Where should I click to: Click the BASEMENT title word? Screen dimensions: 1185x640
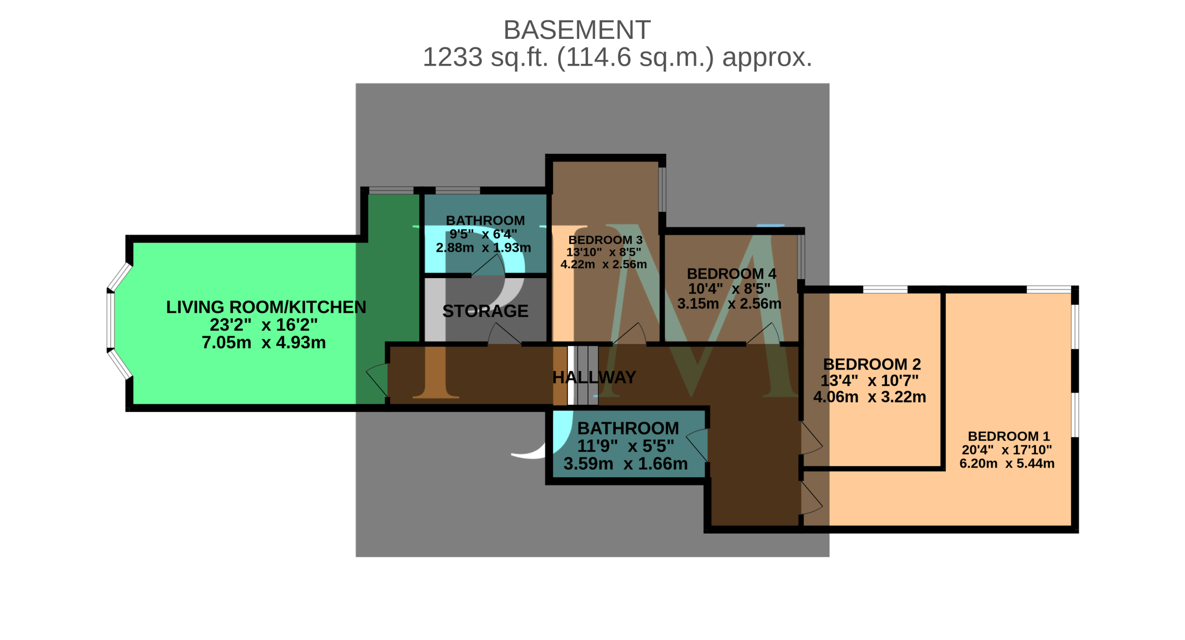click(577, 30)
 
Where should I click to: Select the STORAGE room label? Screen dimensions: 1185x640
click(485, 311)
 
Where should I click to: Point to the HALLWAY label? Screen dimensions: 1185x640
click(594, 377)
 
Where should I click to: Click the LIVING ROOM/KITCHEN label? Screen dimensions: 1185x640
click(266, 307)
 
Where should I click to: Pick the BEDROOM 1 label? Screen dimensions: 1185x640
click(1009, 436)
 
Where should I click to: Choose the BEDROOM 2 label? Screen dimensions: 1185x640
click(872, 364)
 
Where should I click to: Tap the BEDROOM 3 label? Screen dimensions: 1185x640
click(605, 240)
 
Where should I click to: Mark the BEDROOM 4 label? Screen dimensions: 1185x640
click(731, 273)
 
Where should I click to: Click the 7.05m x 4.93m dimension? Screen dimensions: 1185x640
click(264, 342)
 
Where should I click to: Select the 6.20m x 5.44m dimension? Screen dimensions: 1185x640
click(1007, 463)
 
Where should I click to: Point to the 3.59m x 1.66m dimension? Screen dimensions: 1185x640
click(625, 463)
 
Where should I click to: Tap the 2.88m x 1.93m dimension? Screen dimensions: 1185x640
click(483, 248)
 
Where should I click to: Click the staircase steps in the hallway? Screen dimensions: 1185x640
click(583, 375)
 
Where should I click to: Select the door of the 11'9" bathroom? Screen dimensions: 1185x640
click(697, 445)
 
